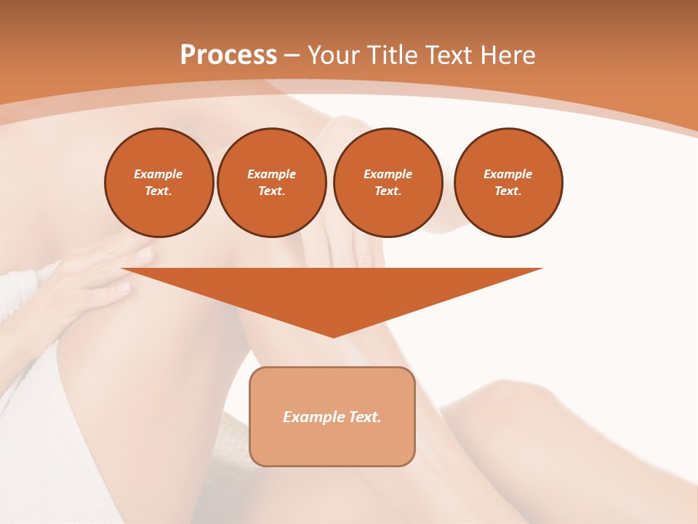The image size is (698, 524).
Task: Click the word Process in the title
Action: pos(228,55)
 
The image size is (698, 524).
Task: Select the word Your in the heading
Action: pos(336,55)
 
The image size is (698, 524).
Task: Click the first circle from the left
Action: pos(159,183)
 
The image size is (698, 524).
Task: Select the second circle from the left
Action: pos(272,183)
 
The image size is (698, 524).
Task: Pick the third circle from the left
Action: pos(388,183)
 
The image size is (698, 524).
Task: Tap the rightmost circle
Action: pos(508,183)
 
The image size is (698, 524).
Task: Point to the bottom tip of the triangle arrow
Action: pos(333,336)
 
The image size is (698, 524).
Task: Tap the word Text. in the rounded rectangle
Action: pos(366,417)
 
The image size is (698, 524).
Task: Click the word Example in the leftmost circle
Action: pos(159,175)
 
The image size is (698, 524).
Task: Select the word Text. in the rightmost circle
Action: pos(508,191)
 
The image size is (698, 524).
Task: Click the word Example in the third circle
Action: pos(388,175)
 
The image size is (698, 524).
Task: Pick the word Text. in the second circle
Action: pos(272,191)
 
